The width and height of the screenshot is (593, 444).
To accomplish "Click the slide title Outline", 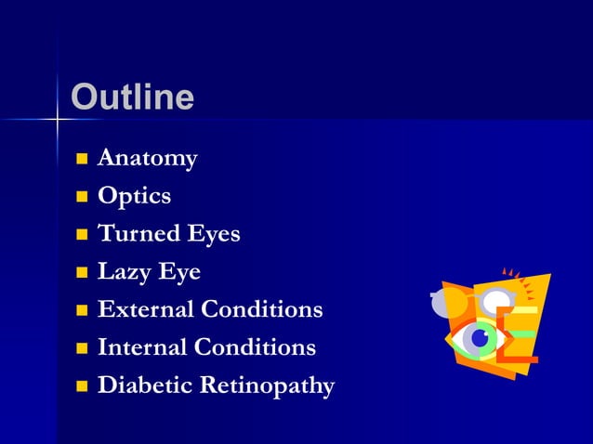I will [x=132, y=98].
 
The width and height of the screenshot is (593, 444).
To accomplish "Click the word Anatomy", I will [x=147, y=159].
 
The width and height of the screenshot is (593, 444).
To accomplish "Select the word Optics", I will [x=134, y=196].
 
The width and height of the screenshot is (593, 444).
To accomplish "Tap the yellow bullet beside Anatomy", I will [x=82, y=159].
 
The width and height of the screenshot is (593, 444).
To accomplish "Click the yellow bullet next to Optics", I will [x=82, y=197].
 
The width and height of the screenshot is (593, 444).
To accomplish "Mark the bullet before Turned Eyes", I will [x=82, y=235].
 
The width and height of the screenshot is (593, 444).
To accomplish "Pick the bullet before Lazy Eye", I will [x=82, y=273].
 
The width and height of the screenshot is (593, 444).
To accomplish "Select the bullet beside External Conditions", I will [x=82, y=310].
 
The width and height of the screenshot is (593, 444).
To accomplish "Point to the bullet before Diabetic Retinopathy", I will [x=82, y=386].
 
